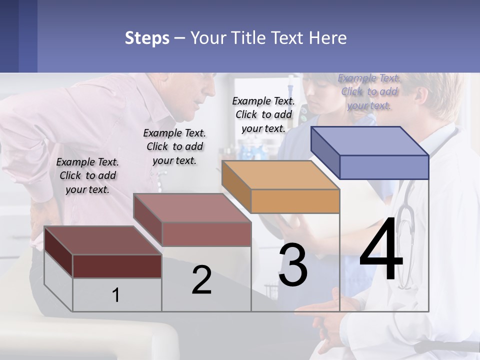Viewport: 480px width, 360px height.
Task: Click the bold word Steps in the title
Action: (x=147, y=38)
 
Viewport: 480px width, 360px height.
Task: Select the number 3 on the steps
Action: (x=293, y=265)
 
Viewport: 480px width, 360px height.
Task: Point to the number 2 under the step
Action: (x=201, y=280)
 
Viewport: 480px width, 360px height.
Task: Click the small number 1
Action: (x=116, y=295)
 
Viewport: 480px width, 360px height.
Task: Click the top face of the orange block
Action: (x=280, y=175)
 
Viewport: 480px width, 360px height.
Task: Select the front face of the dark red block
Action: (x=117, y=266)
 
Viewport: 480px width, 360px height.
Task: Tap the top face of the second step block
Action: (x=192, y=207)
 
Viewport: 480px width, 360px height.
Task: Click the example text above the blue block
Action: (x=369, y=91)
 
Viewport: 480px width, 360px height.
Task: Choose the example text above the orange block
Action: (x=263, y=114)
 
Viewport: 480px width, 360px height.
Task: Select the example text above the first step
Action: (x=87, y=175)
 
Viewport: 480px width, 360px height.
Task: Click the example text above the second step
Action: (x=174, y=146)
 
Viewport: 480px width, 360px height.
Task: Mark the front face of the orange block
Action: (x=295, y=201)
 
